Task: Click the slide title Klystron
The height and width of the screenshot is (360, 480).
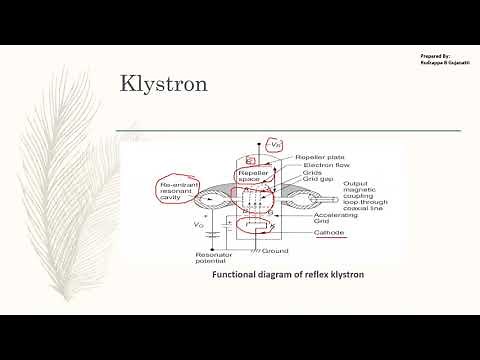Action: (164, 83)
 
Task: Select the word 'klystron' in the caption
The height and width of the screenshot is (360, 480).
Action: (342, 274)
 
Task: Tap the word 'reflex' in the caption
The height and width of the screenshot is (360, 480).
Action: (311, 274)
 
